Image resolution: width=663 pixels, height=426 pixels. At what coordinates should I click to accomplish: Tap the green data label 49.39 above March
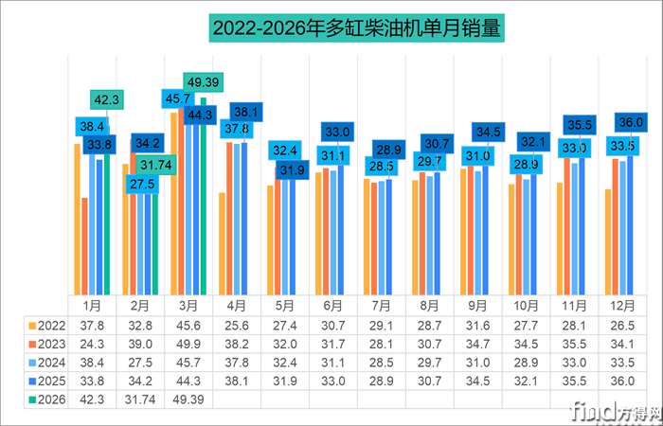pyautogui.click(x=204, y=83)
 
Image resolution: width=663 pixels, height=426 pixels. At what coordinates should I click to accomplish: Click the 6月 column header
pyautogui.click(x=332, y=305)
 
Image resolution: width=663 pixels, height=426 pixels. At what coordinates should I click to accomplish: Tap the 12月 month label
pyautogui.click(x=622, y=305)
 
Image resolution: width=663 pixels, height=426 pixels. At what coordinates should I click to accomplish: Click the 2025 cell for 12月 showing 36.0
pyautogui.click(x=622, y=380)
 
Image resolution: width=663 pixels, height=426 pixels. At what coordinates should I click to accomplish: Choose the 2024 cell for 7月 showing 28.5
pyautogui.click(x=381, y=361)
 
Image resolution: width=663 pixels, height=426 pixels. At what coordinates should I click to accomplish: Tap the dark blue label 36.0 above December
pyautogui.click(x=630, y=122)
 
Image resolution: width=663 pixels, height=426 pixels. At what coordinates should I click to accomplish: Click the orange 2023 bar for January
pyautogui.click(x=85, y=246)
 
